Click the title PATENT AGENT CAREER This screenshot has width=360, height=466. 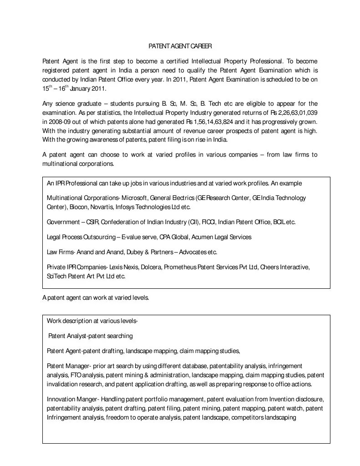[x=180, y=46]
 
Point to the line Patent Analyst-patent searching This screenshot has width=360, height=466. [x=91, y=336]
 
